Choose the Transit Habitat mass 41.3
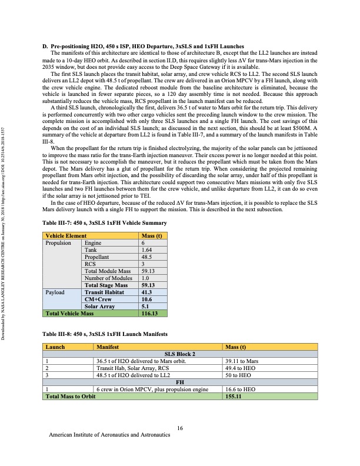click(143, 292)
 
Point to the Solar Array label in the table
click(99, 306)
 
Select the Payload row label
click(55, 292)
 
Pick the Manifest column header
click(108, 347)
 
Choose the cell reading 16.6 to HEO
click(240, 390)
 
